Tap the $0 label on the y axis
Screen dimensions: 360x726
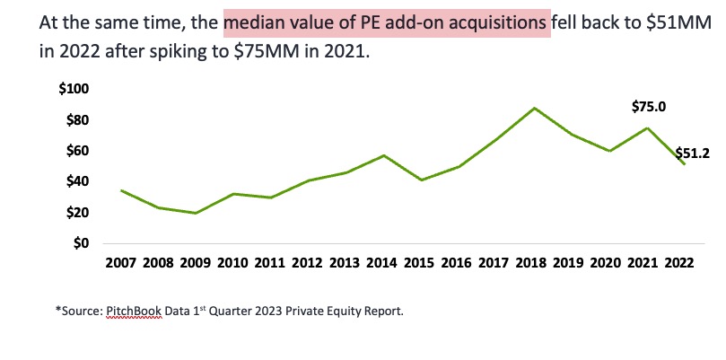pos(81,242)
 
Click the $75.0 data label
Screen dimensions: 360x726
pos(649,107)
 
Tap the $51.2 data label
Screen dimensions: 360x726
pos(692,153)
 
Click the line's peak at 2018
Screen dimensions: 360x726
pos(535,108)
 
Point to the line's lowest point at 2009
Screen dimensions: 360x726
pos(195,213)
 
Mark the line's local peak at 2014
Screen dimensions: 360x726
pos(384,155)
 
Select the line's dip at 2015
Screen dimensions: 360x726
pos(422,180)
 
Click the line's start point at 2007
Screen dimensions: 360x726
pos(120,190)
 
